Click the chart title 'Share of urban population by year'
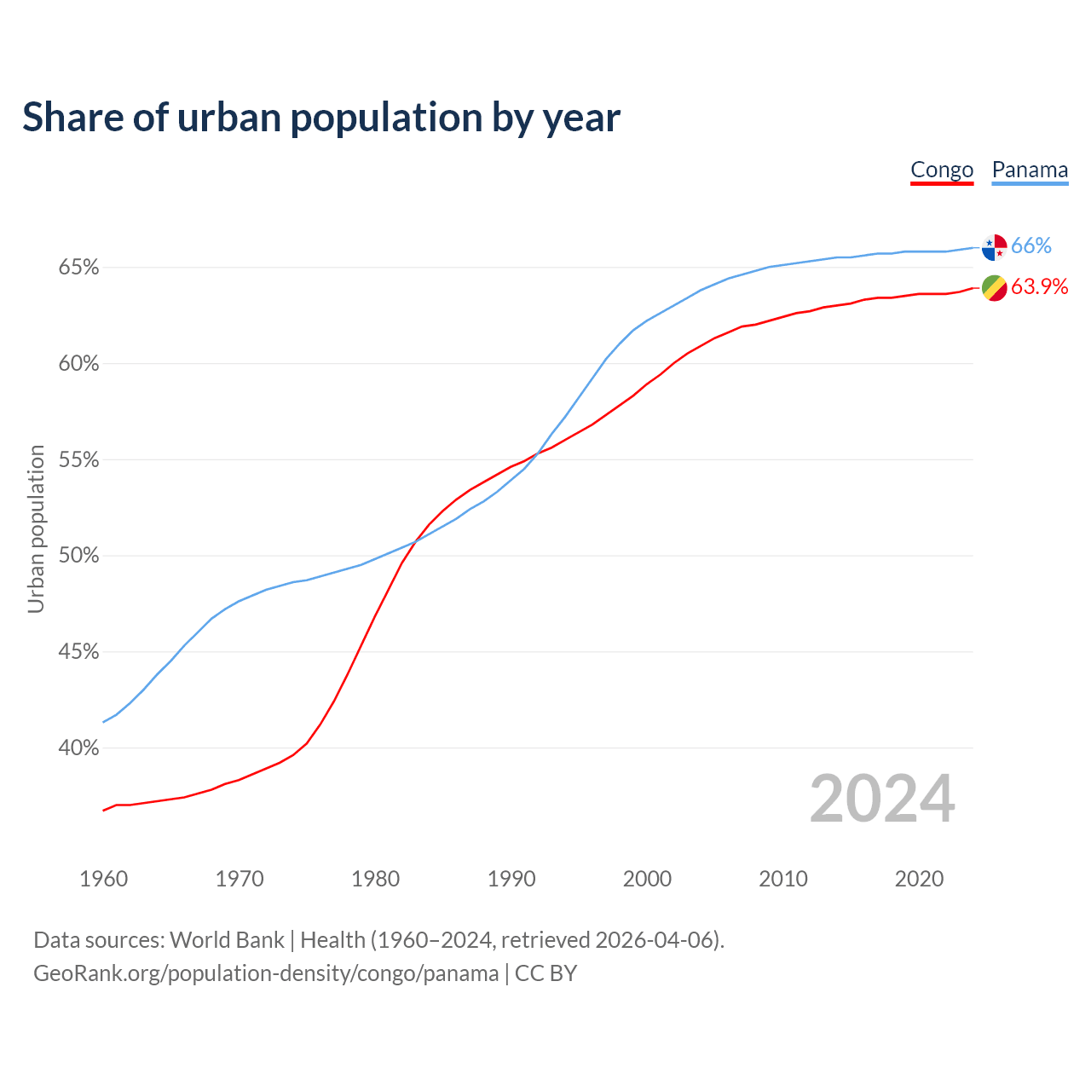[x=321, y=118]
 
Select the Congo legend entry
[x=942, y=170]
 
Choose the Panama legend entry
[x=1030, y=170]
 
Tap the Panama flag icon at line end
[x=995, y=246]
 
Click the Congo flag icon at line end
[x=995, y=288]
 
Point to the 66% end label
[x=1031, y=246]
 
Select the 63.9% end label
[x=1039, y=287]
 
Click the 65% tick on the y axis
[x=79, y=268]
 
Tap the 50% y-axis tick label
[x=79, y=556]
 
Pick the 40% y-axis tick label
[x=79, y=748]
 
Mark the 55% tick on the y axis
[x=79, y=460]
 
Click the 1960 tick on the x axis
[x=103, y=879]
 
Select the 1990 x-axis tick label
[x=511, y=879]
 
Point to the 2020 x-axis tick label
[x=919, y=879]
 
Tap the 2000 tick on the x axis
[x=647, y=879]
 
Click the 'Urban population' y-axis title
[x=36, y=528]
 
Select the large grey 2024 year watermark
[x=882, y=799]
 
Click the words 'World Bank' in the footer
[x=227, y=940]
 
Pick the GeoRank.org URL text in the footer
[x=266, y=973]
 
